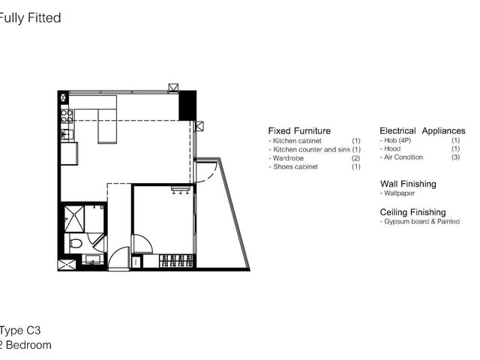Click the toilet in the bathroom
(76, 244)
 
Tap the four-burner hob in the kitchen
(67, 116)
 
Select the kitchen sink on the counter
(67, 134)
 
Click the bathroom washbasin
(91, 259)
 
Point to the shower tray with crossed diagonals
(74, 219)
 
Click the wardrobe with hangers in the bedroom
(176, 261)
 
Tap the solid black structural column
(187, 105)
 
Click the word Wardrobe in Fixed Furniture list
(288, 158)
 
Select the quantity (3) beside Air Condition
(455, 157)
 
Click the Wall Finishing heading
(408, 184)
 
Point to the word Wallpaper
(399, 193)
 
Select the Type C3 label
(20, 331)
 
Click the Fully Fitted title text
(30, 18)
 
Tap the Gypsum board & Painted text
(421, 221)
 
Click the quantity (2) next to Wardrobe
(355, 158)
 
